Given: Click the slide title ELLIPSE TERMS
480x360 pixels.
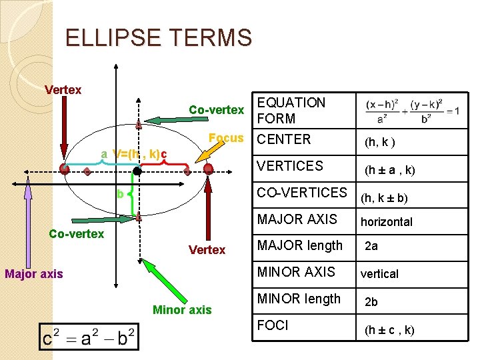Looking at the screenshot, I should [159, 37].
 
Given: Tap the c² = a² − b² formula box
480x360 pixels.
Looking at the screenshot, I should [89, 336].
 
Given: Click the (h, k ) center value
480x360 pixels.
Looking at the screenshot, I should [379, 142].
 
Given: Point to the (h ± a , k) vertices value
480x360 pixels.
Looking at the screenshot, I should [389, 170].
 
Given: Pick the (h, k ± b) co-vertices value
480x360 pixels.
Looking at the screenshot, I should [384, 197].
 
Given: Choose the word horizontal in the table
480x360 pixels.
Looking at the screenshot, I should [386, 222].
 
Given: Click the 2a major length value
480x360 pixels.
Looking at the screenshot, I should [371, 246].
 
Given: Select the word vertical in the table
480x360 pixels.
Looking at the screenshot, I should [379, 274].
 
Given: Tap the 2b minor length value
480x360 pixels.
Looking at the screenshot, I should [371, 302].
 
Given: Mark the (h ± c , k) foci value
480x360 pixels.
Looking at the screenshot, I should [389, 330].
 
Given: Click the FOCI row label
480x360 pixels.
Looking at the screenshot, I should [273, 325].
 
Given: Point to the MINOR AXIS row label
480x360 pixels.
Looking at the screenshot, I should [296, 272].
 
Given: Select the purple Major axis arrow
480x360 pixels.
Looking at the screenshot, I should [27, 220].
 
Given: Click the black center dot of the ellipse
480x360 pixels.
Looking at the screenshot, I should [136, 171].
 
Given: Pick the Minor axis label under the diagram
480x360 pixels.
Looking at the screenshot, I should [182, 309].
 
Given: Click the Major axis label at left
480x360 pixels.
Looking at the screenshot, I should [34, 273].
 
